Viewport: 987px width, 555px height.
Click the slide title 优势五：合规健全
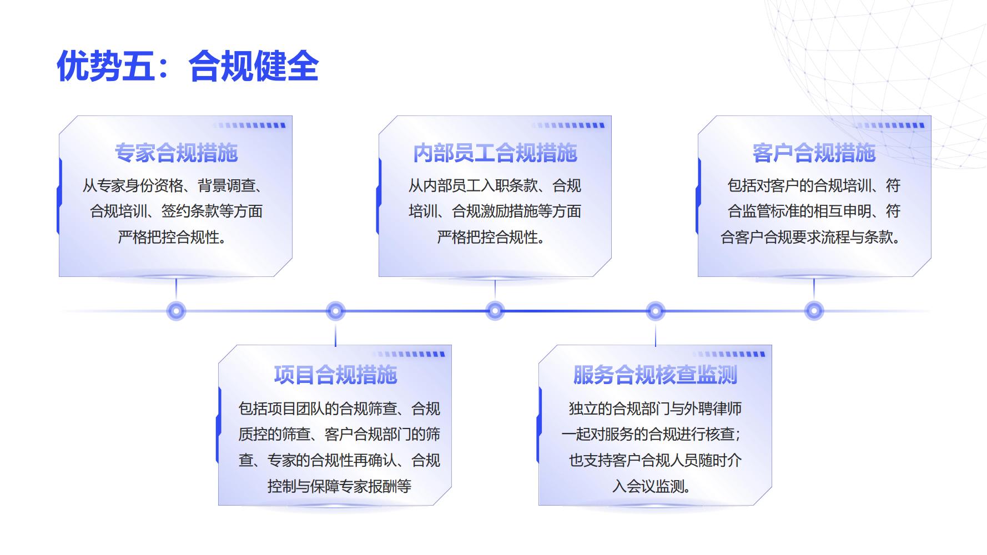188,66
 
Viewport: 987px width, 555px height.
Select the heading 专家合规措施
176,153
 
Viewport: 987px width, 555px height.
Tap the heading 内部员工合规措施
495,153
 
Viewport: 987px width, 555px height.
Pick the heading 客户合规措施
814,153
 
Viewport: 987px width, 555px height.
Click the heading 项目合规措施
335,375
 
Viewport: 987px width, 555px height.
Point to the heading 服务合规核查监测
655,375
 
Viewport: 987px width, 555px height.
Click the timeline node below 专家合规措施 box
177,311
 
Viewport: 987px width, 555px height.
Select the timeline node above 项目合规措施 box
335,311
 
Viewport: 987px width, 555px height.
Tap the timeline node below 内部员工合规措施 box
495,311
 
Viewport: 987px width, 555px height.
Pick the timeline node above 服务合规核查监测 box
656,311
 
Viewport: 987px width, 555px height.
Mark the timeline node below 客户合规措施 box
814,311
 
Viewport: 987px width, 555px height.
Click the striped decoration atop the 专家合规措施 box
250,125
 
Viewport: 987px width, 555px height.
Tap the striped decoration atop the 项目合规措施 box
409,354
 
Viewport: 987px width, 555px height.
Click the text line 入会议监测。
652,487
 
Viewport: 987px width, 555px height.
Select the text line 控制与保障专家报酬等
339,487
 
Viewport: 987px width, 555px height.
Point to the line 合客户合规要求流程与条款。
810,238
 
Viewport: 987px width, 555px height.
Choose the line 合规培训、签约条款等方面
177,211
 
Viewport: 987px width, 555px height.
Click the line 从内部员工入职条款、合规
495,185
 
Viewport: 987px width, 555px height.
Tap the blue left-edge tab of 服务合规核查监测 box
539,425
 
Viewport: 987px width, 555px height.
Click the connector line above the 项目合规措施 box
335,333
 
